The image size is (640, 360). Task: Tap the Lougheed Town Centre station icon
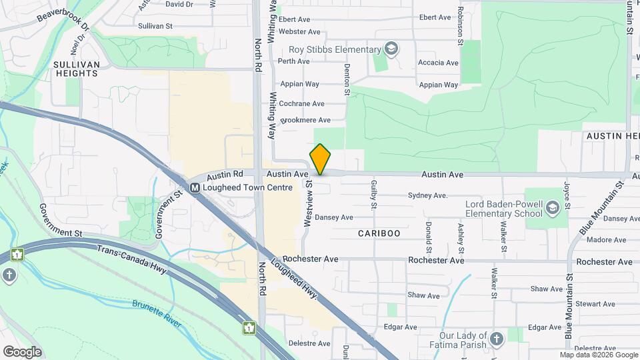click(195, 188)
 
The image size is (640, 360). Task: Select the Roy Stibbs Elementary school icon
click(391, 49)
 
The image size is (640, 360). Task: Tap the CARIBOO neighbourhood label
click(379, 233)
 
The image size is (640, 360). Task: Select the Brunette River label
click(157, 313)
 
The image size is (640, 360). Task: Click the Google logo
click(22, 352)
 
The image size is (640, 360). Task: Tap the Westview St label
click(309, 203)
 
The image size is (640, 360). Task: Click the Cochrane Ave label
click(301, 104)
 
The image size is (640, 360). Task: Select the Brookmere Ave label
click(305, 120)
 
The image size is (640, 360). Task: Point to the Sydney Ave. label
click(427, 196)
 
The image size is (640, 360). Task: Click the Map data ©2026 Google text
click(598, 354)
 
